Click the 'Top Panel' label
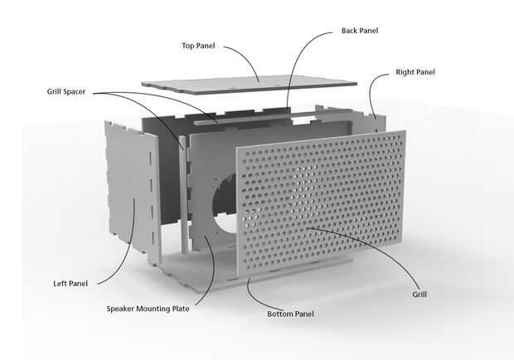coord(198,46)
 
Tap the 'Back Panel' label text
coord(360,31)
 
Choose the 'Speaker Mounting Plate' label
coord(148,309)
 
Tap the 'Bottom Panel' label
coord(290,314)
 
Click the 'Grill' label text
coord(420,294)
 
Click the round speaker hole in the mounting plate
coord(225,207)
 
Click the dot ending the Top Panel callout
coord(259,80)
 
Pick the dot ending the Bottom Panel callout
coord(249,281)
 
